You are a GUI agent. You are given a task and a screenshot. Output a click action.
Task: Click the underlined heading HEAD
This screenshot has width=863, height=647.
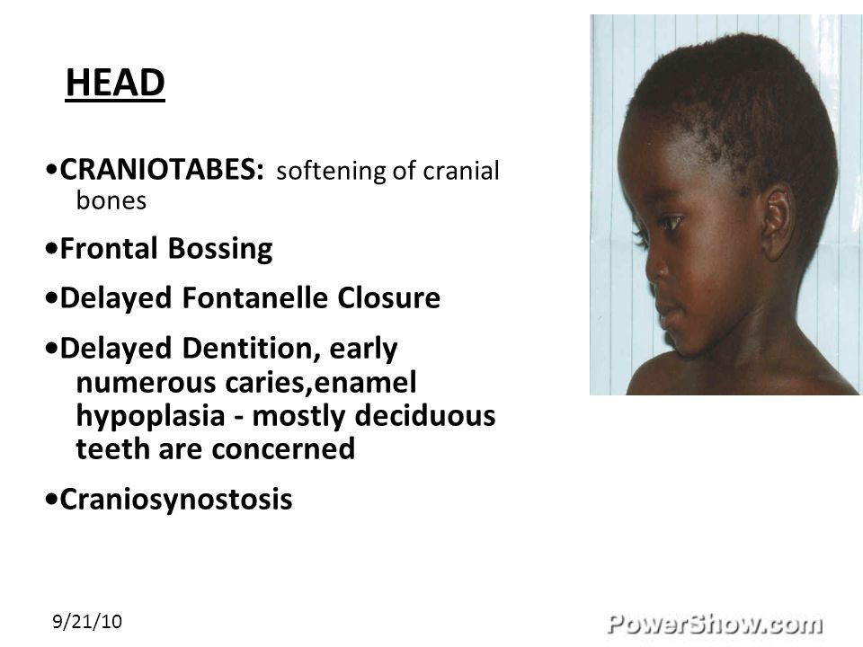(115, 84)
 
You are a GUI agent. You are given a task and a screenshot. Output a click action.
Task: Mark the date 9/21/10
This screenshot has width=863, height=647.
(87, 621)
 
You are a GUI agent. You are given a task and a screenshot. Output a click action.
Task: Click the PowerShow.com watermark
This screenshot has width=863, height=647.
(715, 622)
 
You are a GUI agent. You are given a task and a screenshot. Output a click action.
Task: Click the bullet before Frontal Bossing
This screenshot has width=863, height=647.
(54, 250)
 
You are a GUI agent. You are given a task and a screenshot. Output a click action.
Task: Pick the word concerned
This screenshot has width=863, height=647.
(284, 449)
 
